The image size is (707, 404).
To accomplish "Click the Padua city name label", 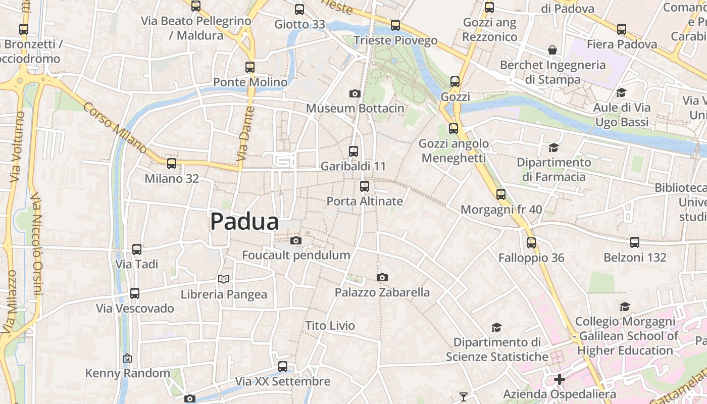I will coord(244,221).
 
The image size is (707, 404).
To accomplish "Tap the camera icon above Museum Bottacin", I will coord(355,93).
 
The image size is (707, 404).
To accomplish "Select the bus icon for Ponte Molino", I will coord(250,67).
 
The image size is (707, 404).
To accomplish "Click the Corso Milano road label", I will coord(115,128).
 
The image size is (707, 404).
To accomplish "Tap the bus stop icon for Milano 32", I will coord(172,163).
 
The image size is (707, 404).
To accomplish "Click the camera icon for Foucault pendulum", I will coord(296,240).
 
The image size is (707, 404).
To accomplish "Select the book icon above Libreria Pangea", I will coord(224,279).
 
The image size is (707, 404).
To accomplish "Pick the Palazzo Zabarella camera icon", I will coord(382,277).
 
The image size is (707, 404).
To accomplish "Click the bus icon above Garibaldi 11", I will coord(353,151).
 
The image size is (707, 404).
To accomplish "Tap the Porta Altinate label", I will coord(365,201).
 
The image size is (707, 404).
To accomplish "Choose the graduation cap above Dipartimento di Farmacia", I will coord(554,147).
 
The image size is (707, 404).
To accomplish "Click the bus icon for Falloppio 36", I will coord(531,242).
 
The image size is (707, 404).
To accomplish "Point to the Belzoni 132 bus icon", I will coord(635,242).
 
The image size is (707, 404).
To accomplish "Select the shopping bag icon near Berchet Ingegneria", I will coord(552,50).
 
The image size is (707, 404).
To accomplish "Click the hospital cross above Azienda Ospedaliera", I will coord(560,379).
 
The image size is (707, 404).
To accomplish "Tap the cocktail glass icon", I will coord(464,396).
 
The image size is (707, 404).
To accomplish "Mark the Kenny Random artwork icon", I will coord(127,358).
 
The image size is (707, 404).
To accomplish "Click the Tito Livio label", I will coord(330,326).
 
